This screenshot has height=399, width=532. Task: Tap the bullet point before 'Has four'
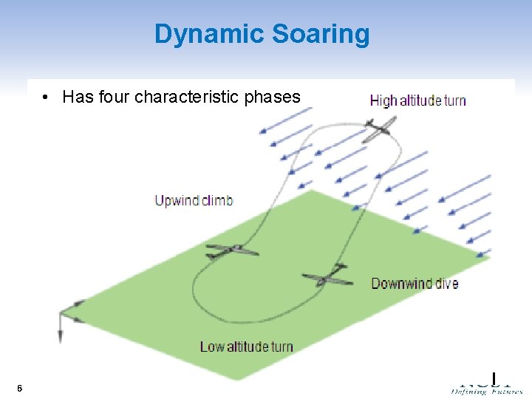47,98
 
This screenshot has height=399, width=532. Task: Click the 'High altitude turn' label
417,100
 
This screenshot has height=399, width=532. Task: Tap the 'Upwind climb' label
194,200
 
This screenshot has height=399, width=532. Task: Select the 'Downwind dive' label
415,284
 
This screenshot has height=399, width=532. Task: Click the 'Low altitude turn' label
246,347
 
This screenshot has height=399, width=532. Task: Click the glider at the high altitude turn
378,131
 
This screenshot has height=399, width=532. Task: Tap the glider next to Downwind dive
326,276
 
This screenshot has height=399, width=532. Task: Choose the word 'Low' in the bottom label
212,347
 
